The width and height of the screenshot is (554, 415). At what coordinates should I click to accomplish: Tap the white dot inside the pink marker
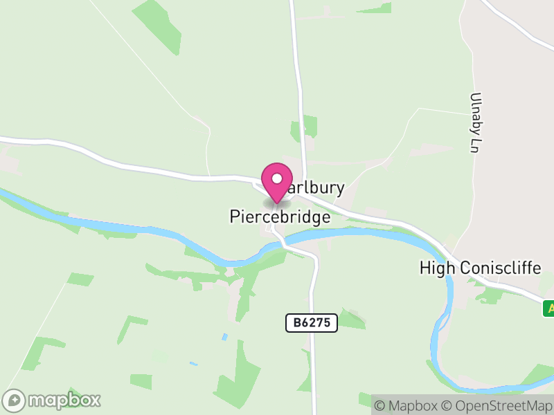coord(277,178)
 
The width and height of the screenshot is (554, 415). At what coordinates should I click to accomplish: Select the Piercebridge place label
coord(280,216)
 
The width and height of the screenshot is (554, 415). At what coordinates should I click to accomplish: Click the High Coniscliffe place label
coord(480,268)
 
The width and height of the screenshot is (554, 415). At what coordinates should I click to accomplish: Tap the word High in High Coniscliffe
coord(436,268)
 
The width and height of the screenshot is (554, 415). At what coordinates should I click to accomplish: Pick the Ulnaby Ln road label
coord(474,122)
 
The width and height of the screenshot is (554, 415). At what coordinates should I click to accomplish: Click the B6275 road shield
coord(311,322)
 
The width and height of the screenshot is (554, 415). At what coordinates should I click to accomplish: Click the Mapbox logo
coord(53,400)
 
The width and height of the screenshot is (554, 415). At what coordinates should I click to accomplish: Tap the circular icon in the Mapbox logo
coord(15,400)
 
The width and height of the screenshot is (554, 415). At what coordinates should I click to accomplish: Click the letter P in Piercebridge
coord(235,216)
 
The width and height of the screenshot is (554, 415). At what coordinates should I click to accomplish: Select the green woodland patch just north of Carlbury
coord(305,127)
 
